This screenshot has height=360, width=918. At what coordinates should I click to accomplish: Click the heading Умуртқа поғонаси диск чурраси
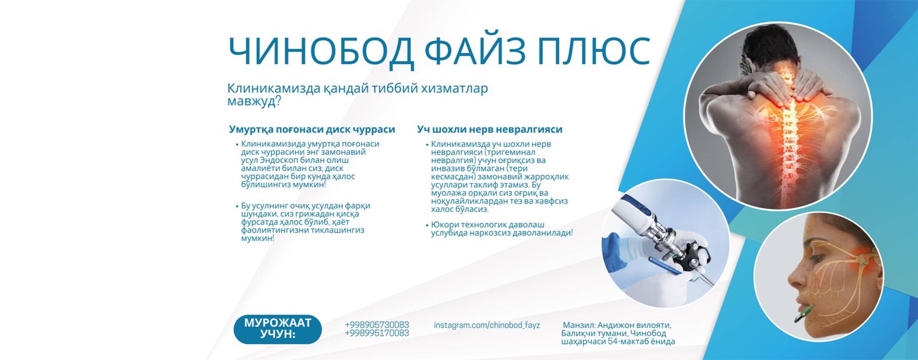pos(312,129)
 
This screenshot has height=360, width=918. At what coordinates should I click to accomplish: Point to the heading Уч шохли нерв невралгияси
pos(489,129)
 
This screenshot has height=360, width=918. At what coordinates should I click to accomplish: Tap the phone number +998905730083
pos(377,325)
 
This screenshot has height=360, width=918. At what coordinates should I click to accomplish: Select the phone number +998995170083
pos(377,333)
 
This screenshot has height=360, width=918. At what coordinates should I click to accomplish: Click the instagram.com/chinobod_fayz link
pos(487,325)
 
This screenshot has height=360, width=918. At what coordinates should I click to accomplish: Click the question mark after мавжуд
pos(277,101)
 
